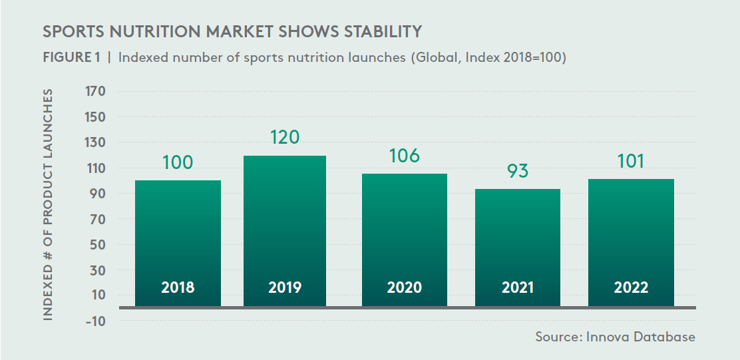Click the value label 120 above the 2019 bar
click(x=285, y=138)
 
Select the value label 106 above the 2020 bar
click(x=405, y=156)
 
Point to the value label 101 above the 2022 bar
click(x=630, y=161)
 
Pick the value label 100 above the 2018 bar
click(x=178, y=162)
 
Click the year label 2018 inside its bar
click(x=178, y=288)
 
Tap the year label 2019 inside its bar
click(x=285, y=288)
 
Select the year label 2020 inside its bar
click(x=405, y=288)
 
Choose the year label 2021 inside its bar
click(x=518, y=288)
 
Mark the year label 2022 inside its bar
click(x=631, y=288)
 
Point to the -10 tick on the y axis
click(x=96, y=321)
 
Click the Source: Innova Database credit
click(x=615, y=337)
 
